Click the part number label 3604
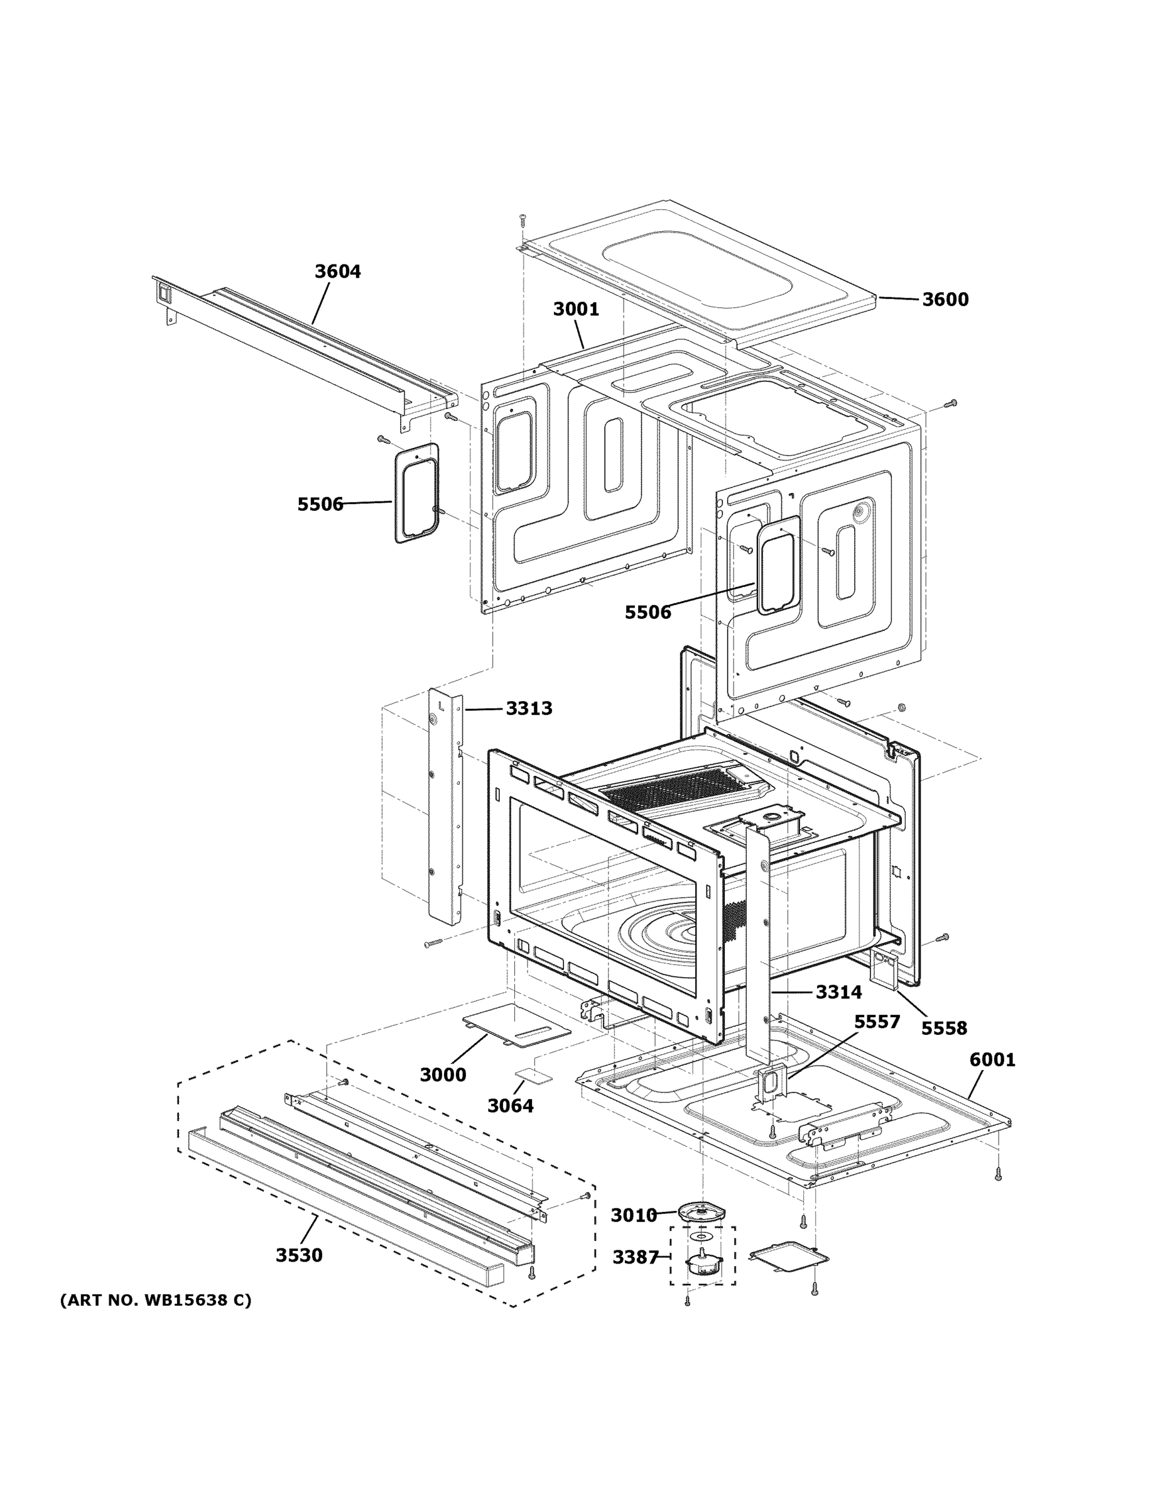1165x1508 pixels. [x=337, y=271]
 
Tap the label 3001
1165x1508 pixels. [x=576, y=309]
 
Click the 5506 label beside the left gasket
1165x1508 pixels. [x=320, y=505]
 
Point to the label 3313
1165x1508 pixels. [x=529, y=708]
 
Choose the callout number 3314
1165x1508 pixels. [x=838, y=992]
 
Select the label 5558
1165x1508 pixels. [x=943, y=1047]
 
